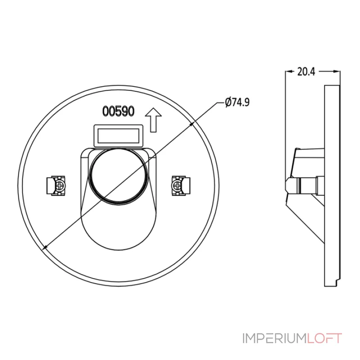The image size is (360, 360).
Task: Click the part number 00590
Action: (x=118, y=111)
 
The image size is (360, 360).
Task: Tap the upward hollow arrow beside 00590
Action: (x=153, y=120)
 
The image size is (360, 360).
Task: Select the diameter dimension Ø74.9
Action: (x=238, y=102)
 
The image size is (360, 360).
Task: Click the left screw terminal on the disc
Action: (x=56, y=185)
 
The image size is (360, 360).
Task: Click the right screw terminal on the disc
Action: (x=181, y=185)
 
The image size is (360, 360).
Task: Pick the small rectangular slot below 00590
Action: (x=118, y=136)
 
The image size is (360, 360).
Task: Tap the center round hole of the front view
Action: (x=118, y=176)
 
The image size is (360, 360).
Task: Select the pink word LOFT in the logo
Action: (x=324, y=338)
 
